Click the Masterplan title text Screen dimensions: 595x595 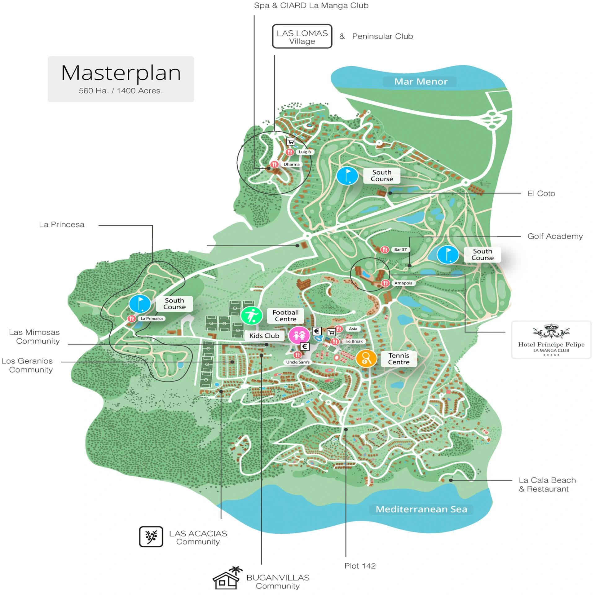121,73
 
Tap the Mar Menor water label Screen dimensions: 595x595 421,82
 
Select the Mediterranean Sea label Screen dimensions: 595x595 421,509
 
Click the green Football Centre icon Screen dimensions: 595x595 252,315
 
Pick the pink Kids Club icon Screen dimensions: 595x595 299,335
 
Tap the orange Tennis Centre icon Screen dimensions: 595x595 366,359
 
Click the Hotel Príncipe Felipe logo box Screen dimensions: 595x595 551,340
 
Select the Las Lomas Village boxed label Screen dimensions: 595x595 302,37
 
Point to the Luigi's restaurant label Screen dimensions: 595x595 305,152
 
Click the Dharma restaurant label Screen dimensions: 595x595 291,164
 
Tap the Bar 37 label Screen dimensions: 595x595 400,249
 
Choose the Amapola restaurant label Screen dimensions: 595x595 403,283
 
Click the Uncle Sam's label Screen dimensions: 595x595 297,362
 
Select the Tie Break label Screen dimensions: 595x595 353,341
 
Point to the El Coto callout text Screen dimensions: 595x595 541,193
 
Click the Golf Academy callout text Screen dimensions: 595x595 555,236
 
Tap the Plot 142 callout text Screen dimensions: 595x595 360,566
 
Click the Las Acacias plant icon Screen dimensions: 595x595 151,536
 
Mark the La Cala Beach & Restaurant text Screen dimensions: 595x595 547,484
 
